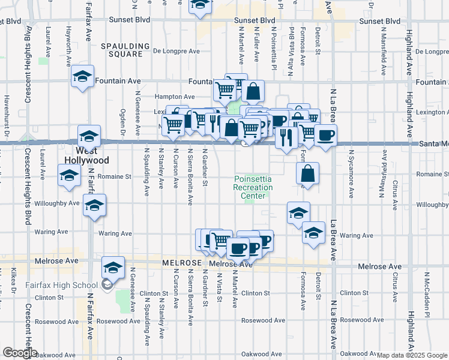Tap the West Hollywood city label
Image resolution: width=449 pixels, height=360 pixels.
87,156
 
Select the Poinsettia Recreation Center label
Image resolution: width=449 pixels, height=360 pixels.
253,187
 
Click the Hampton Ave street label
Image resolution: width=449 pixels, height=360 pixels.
175,97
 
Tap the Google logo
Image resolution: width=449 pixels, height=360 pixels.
19,353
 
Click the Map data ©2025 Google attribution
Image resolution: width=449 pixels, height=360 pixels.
412,355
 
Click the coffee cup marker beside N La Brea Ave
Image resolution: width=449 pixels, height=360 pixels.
325,135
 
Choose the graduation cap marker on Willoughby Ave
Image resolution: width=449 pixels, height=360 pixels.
94,205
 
